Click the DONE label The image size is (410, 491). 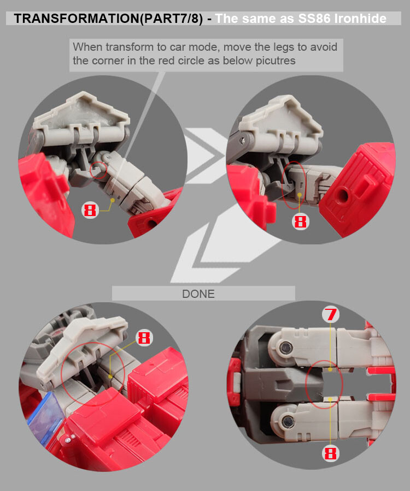pyautogui.click(x=198, y=294)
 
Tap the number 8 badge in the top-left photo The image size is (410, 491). pyautogui.click(x=91, y=210)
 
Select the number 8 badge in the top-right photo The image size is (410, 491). pyautogui.click(x=301, y=221)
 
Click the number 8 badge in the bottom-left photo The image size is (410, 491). pyautogui.click(x=144, y=338)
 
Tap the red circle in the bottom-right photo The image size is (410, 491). pyautogui.click(x=325, y=385)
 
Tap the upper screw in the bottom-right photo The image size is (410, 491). pyautogui.click(x=284, y=348)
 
